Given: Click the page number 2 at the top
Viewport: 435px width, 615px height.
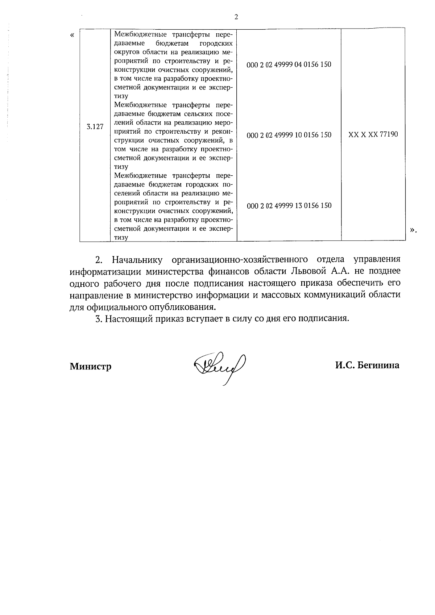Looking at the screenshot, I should [x=236, y=17].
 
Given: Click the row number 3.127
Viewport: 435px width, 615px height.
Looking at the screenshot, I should [x=95, y=127].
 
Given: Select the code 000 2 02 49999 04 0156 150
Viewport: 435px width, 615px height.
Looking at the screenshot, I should [x=289, y=64].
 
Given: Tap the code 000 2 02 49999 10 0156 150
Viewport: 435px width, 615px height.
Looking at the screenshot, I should [x=289, y=135].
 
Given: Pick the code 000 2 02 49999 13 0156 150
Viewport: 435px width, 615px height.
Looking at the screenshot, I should [x=289, y=206].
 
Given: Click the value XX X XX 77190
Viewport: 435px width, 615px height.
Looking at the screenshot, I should [x=373, y=134].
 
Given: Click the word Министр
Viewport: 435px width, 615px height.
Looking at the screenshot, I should [x=91, y=367].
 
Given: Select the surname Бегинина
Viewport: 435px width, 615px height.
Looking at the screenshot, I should [x=378, y=365].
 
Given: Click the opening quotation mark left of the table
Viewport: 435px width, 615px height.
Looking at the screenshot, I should [x=72, y=35].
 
